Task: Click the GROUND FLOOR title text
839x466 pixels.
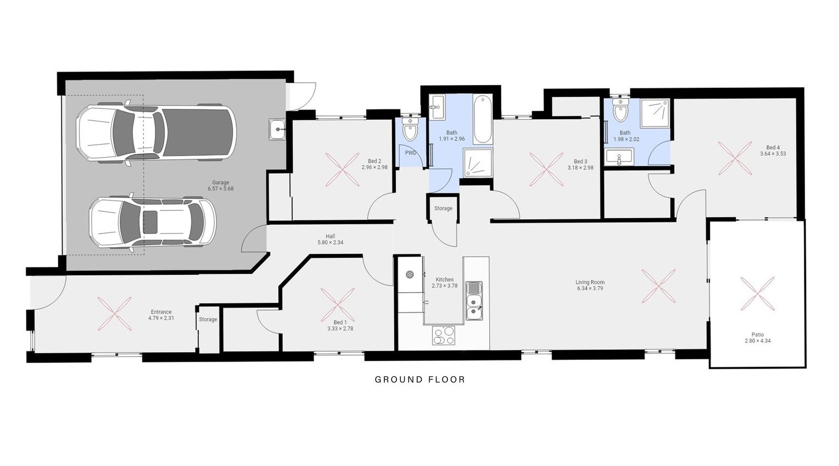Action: (419, 379)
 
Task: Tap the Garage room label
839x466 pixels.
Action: (221, 182)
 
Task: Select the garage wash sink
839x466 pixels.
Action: (277, 129)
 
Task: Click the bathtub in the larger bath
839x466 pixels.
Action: (483, 119)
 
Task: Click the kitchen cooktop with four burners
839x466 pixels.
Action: (444, 335)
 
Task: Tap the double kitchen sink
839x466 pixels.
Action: (474, 301)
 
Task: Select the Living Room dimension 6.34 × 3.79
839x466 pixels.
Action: (590, 289)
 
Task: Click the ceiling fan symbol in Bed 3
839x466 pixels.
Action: (546, 169)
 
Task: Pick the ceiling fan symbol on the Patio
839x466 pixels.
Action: (757, 293)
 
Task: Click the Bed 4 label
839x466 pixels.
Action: (773, 147)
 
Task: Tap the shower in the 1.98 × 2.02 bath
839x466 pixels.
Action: (655, 113)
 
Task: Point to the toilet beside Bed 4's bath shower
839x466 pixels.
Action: (620, 109)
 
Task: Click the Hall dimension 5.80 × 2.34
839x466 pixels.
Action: (331, 242)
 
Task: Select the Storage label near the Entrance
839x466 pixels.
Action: (208, 319)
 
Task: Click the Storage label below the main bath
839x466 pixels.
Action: (444, 208)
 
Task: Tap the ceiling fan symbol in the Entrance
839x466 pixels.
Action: (115, 314)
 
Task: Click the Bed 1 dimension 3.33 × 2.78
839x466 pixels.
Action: (340, 329)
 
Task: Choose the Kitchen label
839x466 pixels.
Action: (445, 279)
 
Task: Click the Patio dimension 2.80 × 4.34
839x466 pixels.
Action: (758, 341)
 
